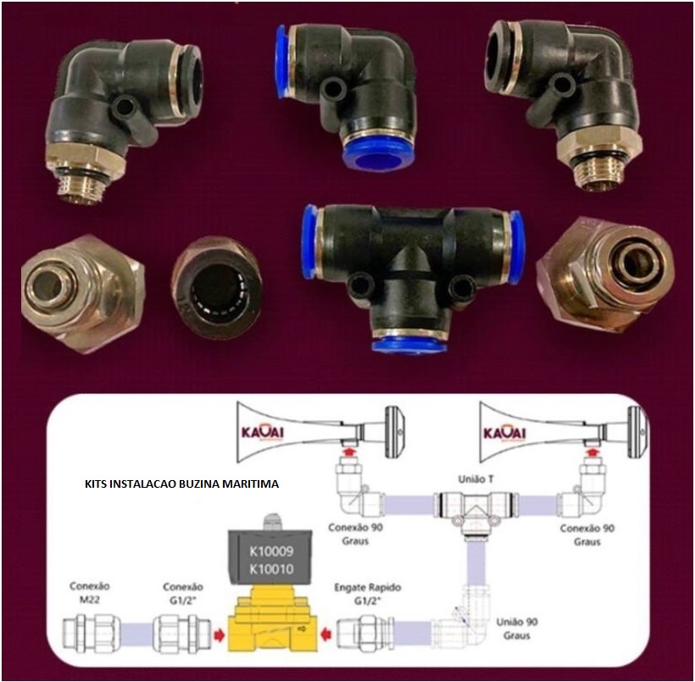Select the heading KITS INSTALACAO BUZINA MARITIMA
(182, 483)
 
